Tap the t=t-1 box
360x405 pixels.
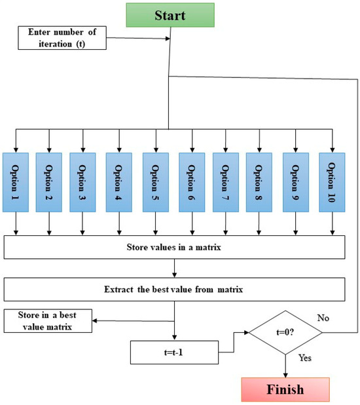point(173,352)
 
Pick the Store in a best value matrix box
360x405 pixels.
point(47,321)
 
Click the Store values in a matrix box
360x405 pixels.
point(175,248)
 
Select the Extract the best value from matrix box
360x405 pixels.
point(175,289)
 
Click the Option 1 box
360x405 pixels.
point(16,182)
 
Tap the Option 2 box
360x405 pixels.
point(48,182)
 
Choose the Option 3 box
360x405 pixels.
point(82,182)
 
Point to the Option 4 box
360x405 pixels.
point(118,182)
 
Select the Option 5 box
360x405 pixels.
point(156,182)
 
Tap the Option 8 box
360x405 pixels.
point(259,182)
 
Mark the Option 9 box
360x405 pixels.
point(296,182)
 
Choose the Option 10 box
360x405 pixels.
point(332,182)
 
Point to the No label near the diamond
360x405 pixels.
point(323,318)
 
